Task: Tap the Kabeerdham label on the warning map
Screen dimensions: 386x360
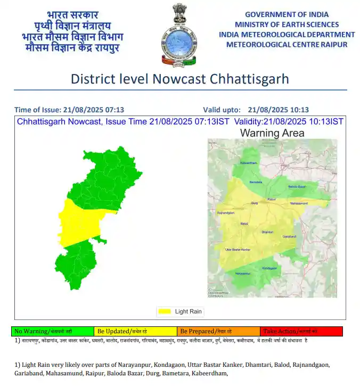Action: tap(249, 162)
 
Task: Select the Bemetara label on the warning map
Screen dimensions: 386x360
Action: tap(256, 182)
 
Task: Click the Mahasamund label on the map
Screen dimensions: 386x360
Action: tap(299, 204)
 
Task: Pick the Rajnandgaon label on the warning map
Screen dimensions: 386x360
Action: tap(226, 213)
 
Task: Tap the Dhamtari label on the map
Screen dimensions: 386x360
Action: tap(267, 232)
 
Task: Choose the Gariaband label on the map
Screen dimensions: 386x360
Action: tap(289, 236)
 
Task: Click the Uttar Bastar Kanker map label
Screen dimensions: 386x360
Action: tap(238, 249)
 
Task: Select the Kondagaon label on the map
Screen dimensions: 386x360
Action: tap(270, 268)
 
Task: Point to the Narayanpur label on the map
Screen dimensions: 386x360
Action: tap(243, 274)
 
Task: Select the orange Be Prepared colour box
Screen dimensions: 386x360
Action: tap(218, 331)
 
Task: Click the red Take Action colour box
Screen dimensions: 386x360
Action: tap(301, 331)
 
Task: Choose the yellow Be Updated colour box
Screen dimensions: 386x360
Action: tap(135, 331)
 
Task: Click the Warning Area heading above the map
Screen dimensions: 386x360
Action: tap(272, 133)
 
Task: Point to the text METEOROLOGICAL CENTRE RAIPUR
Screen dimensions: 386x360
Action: tap(287, 44)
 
